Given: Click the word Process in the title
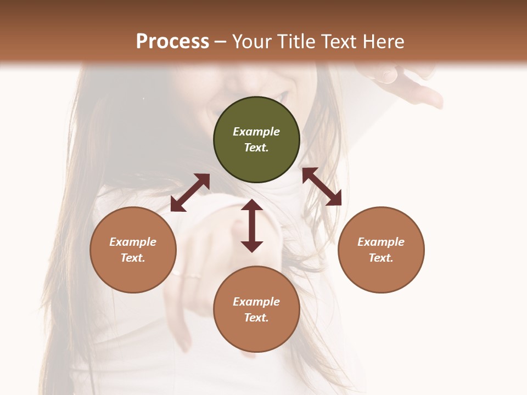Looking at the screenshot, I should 172,42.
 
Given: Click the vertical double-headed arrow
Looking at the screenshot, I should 252,225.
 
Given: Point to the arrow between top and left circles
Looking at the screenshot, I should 190,192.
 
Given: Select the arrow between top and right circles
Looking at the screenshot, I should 322,187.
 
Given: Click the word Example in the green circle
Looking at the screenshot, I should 256,132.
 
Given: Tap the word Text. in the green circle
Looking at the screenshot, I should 256,148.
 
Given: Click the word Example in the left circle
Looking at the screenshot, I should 133,242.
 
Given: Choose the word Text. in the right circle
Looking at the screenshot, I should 381,258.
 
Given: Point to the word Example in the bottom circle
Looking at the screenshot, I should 256,302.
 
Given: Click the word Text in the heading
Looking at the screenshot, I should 339,42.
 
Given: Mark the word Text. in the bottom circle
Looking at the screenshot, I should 256,318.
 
